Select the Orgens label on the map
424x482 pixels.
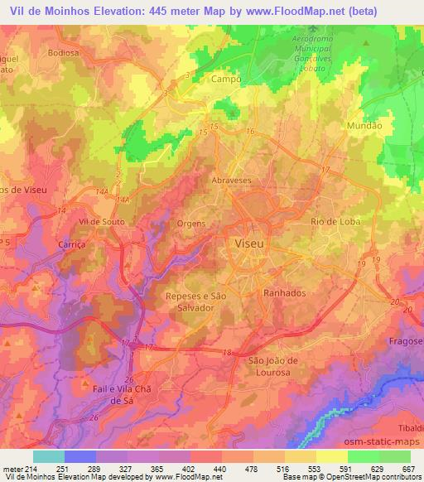(191, 224)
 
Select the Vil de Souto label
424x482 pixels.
(100, 223)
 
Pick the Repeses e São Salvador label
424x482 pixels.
(196, 301)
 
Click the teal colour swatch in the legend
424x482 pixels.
(48, 456)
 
